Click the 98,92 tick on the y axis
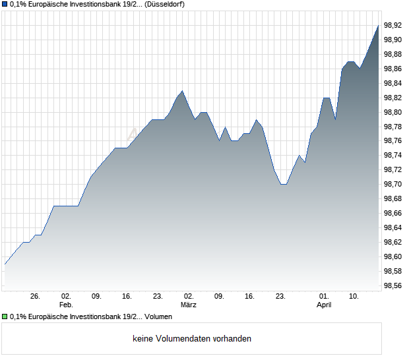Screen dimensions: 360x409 pos(393,25)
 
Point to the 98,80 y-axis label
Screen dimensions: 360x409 pos(393,112)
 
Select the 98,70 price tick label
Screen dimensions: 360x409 pos(393,184)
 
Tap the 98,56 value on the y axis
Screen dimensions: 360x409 pos(393,285)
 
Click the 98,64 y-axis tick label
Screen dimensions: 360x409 pos(393,227)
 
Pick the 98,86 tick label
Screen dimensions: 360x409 pos(393,69)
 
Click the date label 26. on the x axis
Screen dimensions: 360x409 pos(35,297)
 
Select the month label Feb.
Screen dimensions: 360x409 pos(65,305)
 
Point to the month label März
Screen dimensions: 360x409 pos(188,305)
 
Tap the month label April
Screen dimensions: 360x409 pos(324,305)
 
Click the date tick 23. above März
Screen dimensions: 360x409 pos(158,297)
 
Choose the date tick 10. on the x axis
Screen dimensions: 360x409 pos(354,297)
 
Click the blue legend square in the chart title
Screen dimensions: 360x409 pos(5,5)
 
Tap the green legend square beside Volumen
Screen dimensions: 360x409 pos(5,317)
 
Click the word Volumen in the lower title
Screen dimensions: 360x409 pos(158,317)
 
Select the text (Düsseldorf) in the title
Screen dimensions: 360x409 pos(164,5)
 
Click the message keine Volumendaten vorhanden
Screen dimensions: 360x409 pos(192,339)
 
